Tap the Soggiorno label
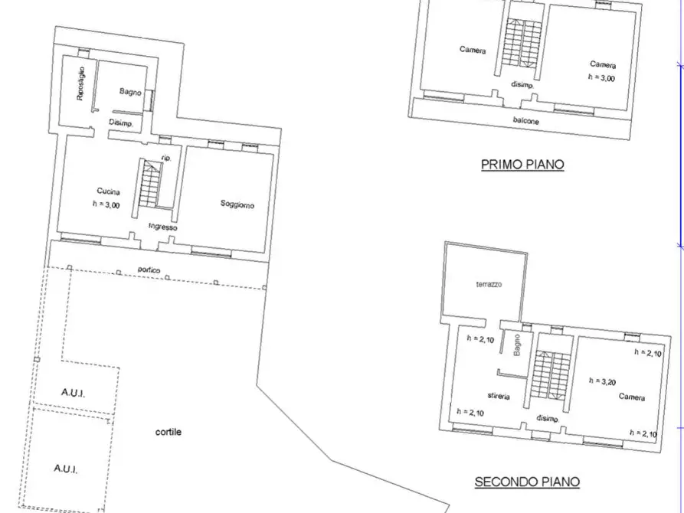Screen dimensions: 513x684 point(237,204)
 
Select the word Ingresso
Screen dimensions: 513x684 point(163,227)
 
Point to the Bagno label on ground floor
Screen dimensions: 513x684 point(130,92)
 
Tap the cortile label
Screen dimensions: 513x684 point(169,432)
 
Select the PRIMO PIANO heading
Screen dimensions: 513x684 point(522,164)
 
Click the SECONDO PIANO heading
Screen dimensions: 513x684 point(527,482)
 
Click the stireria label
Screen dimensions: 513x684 point(498,396)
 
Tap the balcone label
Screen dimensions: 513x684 point(526,121)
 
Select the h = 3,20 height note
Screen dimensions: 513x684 point(601,380)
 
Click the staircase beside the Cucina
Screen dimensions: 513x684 point(149,184)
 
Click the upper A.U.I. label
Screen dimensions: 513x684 point(74,392)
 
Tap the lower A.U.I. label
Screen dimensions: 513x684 point(67,468)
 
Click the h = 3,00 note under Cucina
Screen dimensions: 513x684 point(105,204)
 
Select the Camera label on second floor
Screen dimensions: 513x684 point(632,398)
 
